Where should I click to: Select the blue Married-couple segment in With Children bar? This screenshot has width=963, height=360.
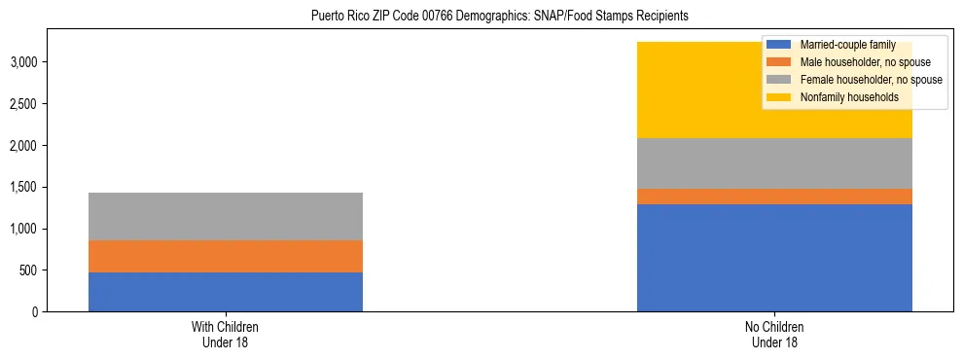click(226, 292)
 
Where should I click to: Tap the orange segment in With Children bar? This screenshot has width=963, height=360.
click(226, 256)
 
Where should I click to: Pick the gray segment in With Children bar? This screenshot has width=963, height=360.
click(226, 216)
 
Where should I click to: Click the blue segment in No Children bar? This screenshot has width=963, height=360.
click(774, 258)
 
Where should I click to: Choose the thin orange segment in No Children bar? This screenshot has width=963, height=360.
click(774, 197)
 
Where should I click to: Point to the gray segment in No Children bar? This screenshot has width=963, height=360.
click(774, 163)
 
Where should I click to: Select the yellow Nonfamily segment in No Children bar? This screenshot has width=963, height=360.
click(700, 90)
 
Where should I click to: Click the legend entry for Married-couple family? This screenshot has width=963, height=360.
click(841, 45)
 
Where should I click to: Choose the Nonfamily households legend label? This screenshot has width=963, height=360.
click(842, 97)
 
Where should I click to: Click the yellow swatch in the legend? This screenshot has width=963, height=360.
click(779, 97)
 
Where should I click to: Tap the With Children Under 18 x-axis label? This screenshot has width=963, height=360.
click(226, 334)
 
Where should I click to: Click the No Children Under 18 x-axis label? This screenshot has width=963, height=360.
click(774, 334)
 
